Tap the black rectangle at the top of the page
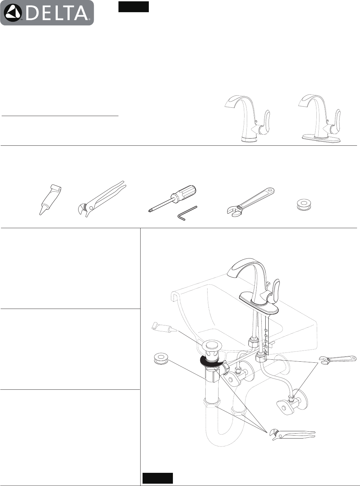pos(134,7)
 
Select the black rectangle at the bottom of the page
pos(157,478)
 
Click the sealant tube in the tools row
pos(49,199)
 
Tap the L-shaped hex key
pos(186,213)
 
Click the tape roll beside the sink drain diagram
pos(161,358)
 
